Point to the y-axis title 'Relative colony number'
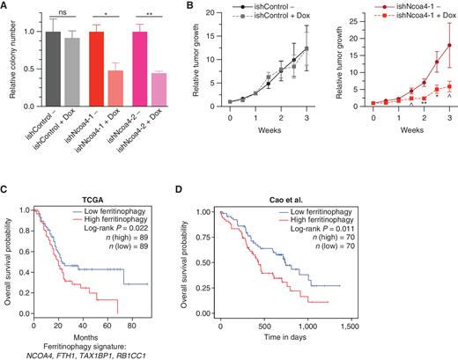pos(9,62)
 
